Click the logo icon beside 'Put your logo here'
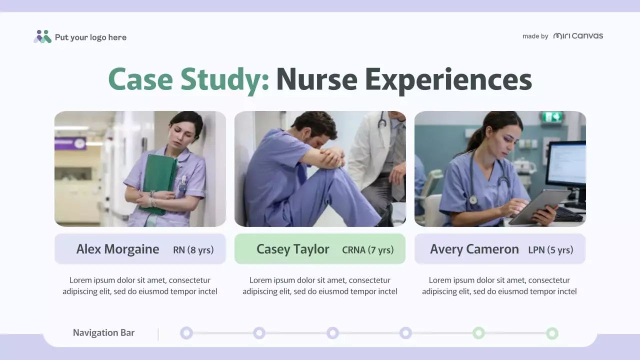tap(42, 36)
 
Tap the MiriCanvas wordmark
tap(578, 36)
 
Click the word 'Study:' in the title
tap(224, 80)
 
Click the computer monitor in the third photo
tap(566, 165)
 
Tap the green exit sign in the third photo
tap(552, 117)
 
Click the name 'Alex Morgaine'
tap(117, 249)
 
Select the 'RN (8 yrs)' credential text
tap(193, 250)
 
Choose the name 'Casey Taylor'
tap(292, 249)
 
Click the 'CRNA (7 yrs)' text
tap(367, 250)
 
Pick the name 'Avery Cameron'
tap(474, 249)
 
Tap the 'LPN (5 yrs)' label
tap(550, 250)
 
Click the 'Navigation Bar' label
tap(103, 333)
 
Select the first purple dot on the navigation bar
tap(186, 333)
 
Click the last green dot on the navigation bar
tap(552, 333)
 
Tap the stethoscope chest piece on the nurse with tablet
tap(473, 199)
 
